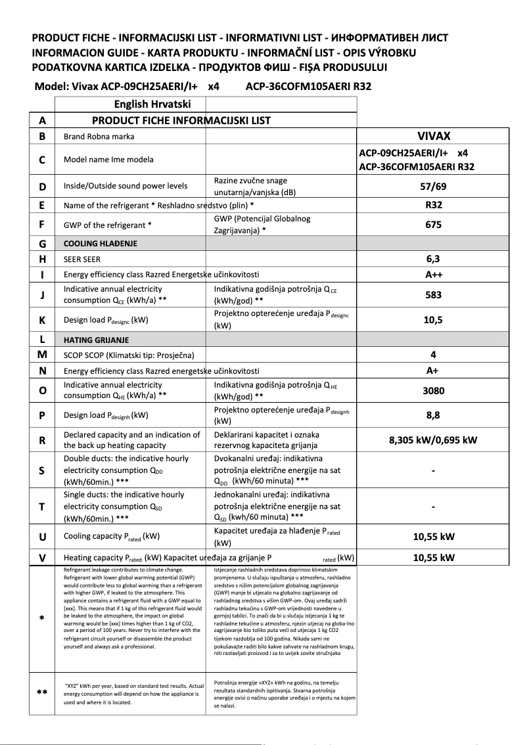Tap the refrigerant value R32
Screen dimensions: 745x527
pyautogui.click(x=434, y=205)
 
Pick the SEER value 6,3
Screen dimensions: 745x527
pyautogui.click(x=434, y=259)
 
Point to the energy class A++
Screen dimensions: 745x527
pyautogui.click(x=434, y=275)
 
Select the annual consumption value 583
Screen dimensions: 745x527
pyautogui.click(x=434, y=295)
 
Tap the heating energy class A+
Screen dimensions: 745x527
pyautogui.click(x=434, y=371)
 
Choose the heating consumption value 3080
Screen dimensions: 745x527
pyautogui.click(x=434, y=390)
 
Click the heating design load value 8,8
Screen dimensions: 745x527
pyautogui.click(x=434, y=415)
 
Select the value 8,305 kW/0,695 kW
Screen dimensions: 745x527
pyautogui.click(x=434, y=440)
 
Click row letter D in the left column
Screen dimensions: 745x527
pyautogui.click(x=43, y=187)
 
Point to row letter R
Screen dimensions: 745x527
pyautogui.click(x=43, y=440)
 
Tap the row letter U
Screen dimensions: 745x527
pyautogui.click(x=43, y=537)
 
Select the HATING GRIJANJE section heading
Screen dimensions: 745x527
pyautogui.click(x=96, y=340)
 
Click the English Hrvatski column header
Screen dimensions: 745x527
pyautogui.click(x=152, y=104)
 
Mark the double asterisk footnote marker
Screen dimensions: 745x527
pyautogui.click(x=43, y=692)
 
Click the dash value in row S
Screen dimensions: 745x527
pyautogui.click(x=434, y=470)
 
